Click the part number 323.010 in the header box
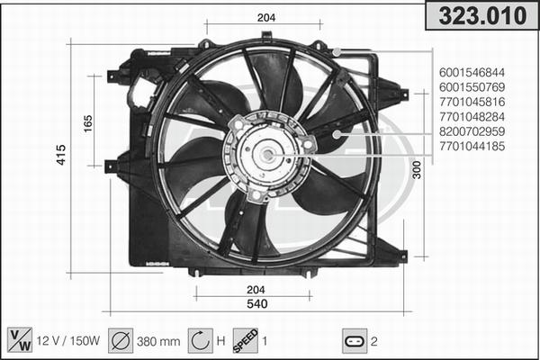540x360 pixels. [482, 15]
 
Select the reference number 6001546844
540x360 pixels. [472, 72]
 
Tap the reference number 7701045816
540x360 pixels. [472, 102]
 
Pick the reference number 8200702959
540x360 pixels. [472, 131]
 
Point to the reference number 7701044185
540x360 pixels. [472, 146]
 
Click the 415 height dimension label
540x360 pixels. [61, 155]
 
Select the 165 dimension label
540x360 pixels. [88, 123]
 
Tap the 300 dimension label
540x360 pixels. [417, 170]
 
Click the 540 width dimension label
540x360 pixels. [257, 303]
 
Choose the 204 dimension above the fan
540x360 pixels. [266, 18]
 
